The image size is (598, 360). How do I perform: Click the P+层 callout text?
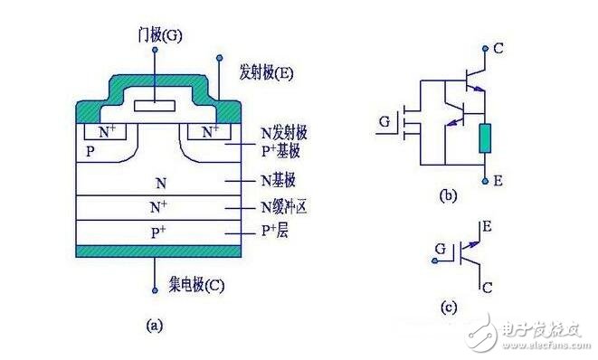pos(277,231)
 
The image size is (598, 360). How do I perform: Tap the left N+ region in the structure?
pos(106,132)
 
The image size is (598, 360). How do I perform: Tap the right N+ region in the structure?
pos(210,132)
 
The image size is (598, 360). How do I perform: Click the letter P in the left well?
pos(90,151)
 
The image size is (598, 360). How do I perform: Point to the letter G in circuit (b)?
pos(384,119)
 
